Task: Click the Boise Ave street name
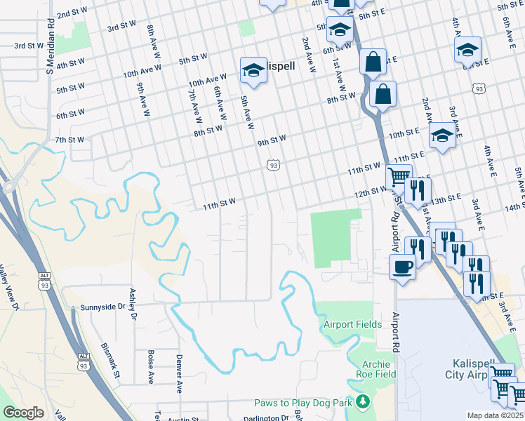[150, 367]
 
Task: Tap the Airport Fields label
[352, 324]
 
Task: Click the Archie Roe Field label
[379, 369]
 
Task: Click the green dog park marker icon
[362, 402]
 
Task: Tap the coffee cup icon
[402, 266]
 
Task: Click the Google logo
[23, 413]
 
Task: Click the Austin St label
[184, 419]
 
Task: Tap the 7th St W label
[69, 140]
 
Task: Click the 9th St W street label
[272, 142]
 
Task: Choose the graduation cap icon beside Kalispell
[253, 69]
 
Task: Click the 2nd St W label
[72, 13]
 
